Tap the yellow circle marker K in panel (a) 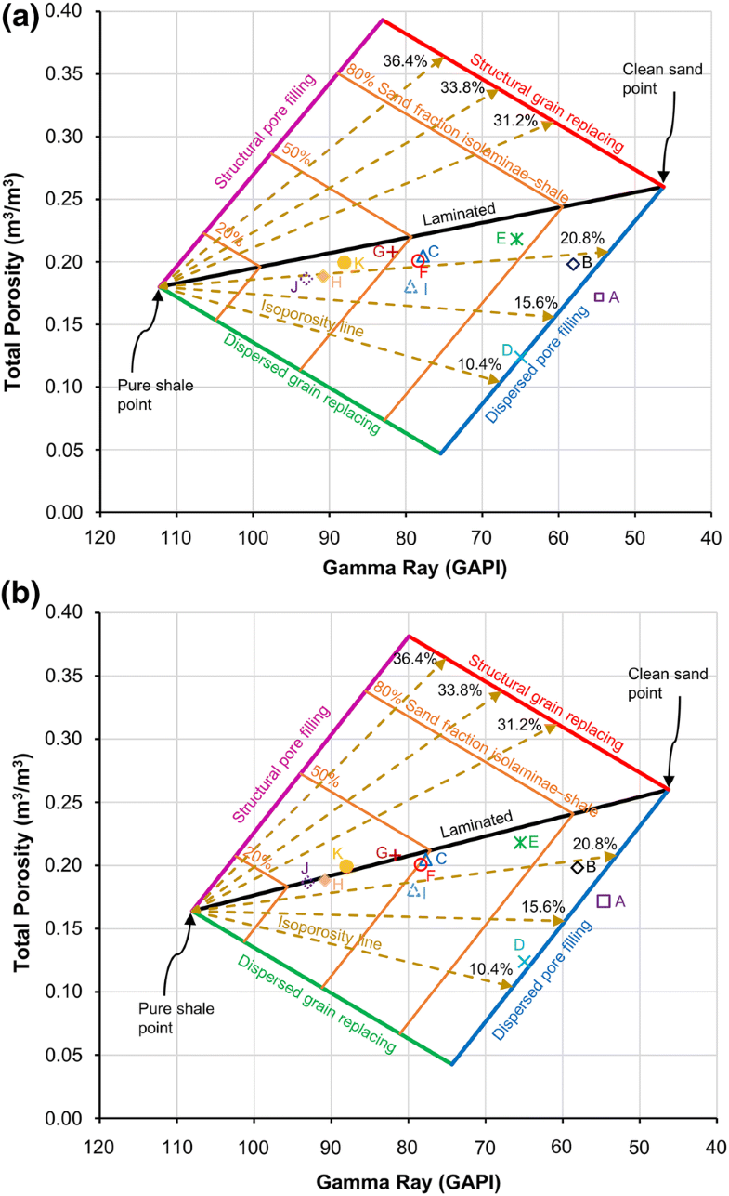point(345,263)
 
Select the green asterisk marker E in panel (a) point(517,239)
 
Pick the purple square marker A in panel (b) point(604,900)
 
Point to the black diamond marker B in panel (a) point(574,263)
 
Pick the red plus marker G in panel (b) point(395,853)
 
